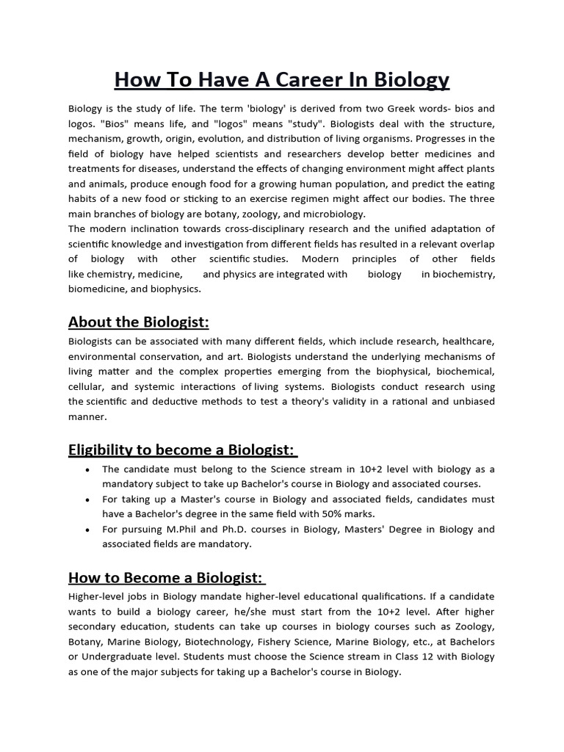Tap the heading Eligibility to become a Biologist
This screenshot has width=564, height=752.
coord(183,449)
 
